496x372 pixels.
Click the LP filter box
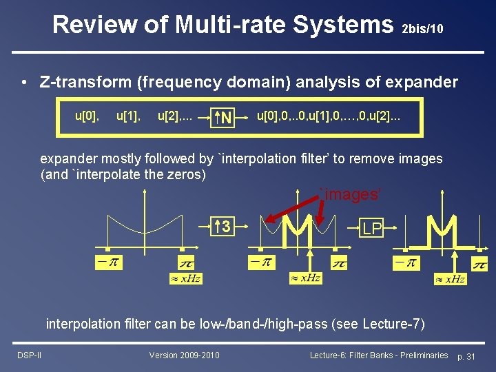(x=372, y=229)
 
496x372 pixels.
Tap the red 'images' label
(x=350, y=195)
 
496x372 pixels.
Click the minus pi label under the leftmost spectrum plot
(x=107, y=262)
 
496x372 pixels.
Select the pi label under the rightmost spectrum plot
(x=479, y=265)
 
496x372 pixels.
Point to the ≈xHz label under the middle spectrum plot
(x=305, y=278)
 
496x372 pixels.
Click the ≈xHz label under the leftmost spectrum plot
(x=186, y=279)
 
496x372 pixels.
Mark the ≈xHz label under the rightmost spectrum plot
(x=450, y=279)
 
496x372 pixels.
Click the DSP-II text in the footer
(x=29, y=355)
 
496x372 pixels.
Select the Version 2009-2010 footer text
(x=185, y=355)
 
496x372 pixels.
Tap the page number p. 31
(x=466, y=355)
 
